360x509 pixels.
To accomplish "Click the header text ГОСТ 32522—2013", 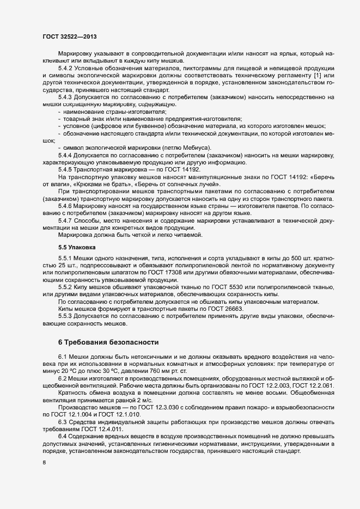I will coord(70,36).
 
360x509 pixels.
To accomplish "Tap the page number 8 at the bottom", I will coord(44,463).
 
